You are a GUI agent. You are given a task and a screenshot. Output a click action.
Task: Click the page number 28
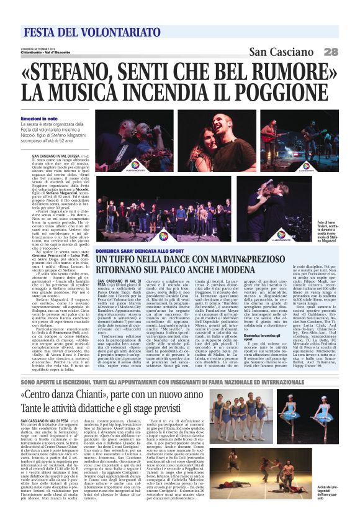pos(331,53)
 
